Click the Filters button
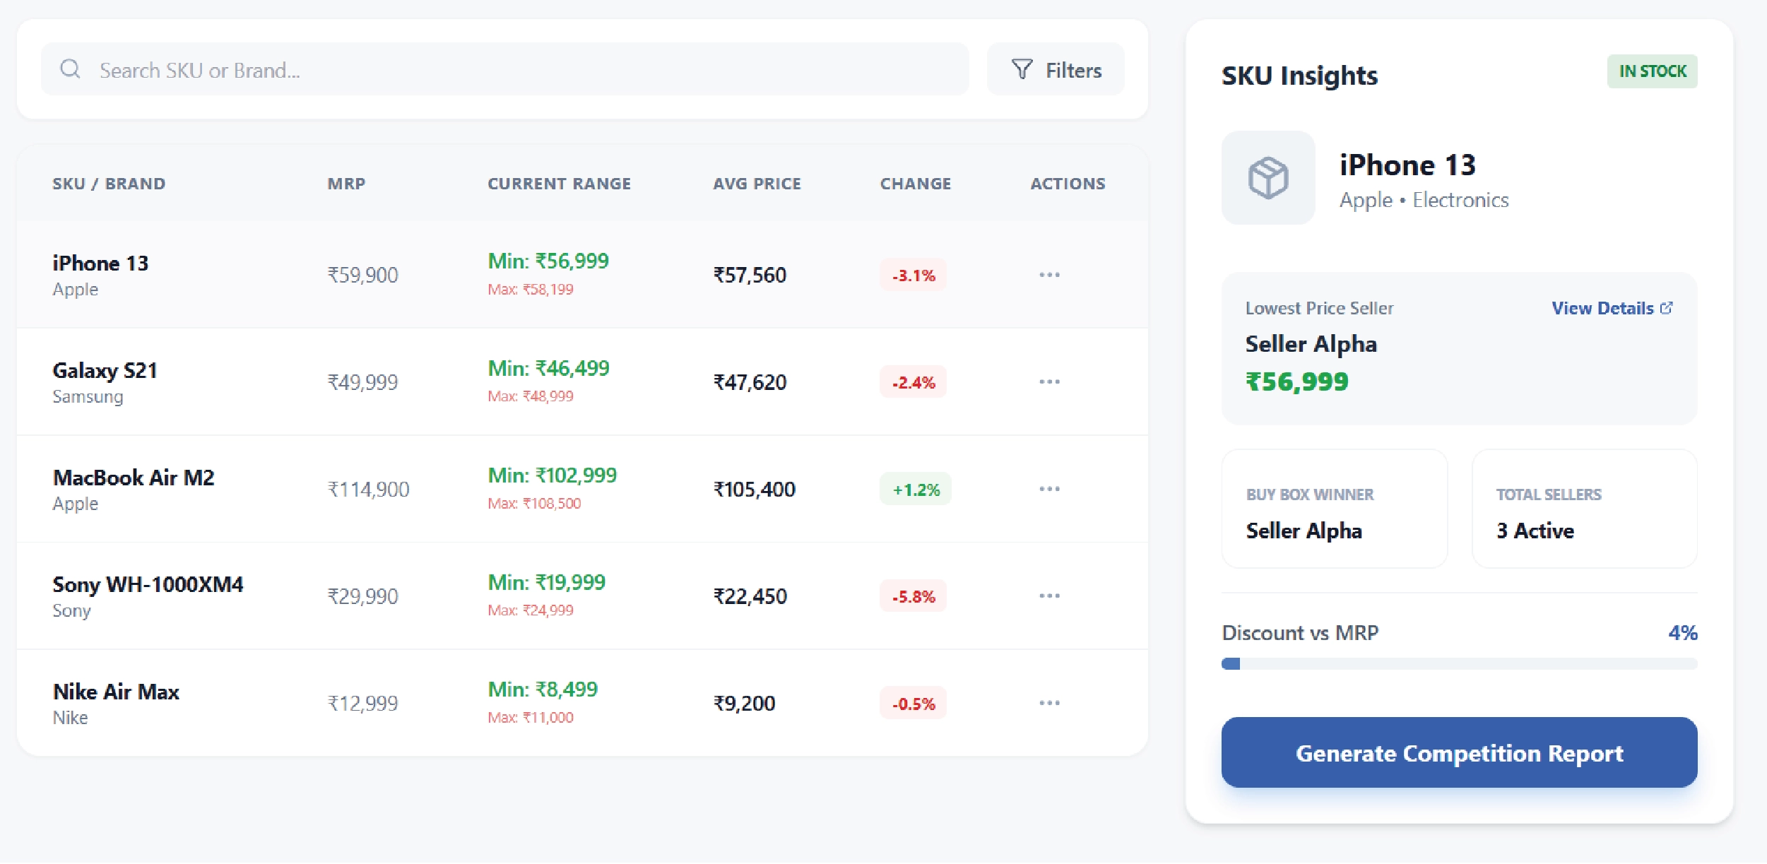1056,70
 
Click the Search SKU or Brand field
523,70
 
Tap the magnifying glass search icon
70,69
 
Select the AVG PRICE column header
757,184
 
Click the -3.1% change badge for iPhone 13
913,276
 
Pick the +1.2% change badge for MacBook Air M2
916,490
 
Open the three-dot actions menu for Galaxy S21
1049,382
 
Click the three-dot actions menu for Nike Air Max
1049,703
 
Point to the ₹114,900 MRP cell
368,490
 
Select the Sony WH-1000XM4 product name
148,585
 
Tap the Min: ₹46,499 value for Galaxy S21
548,368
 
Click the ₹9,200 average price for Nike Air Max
744,704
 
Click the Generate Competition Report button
1459,752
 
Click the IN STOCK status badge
1652,71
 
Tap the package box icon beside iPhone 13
1268,178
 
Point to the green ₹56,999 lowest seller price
1296,382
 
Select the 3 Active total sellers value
1535,531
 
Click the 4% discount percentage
1682,633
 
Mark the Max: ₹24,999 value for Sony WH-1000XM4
531,610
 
